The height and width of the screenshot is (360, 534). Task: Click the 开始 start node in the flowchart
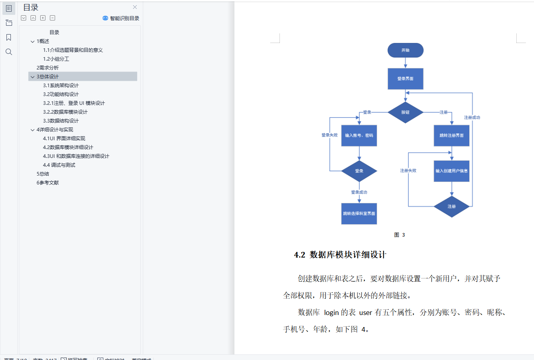pos(405,50)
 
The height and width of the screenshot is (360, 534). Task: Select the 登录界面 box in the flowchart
pos(405,79)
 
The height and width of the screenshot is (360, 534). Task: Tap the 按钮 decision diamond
pos(405,112)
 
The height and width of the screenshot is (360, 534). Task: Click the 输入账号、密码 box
pos(359,135)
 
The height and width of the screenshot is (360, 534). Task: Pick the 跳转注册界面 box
pos(451,135)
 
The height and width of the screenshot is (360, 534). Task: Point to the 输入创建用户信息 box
pos(451,171)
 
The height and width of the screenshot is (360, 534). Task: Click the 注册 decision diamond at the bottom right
pos(451,207)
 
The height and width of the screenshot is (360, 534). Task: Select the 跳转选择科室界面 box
pos(359,214)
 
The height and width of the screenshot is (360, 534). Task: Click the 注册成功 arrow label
pos(472,118)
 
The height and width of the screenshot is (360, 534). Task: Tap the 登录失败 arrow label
pos(329,135)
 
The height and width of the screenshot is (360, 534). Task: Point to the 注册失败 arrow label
pos(408,171)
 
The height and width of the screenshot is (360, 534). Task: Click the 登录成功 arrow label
pos(359,192)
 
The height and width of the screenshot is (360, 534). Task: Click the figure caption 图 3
pos(399,235)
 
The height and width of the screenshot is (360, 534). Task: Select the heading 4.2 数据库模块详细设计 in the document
pos(340,255)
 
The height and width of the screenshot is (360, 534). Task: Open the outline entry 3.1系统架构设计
pos(61,86)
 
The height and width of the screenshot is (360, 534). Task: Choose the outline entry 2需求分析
pos(47,68)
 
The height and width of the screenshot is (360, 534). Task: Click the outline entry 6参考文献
pos(47,183)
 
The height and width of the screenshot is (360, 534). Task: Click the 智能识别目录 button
pos(121,18)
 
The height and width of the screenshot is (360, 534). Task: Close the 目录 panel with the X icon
pos(135,7)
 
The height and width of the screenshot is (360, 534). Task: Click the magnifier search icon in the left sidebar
pos(8,52)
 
